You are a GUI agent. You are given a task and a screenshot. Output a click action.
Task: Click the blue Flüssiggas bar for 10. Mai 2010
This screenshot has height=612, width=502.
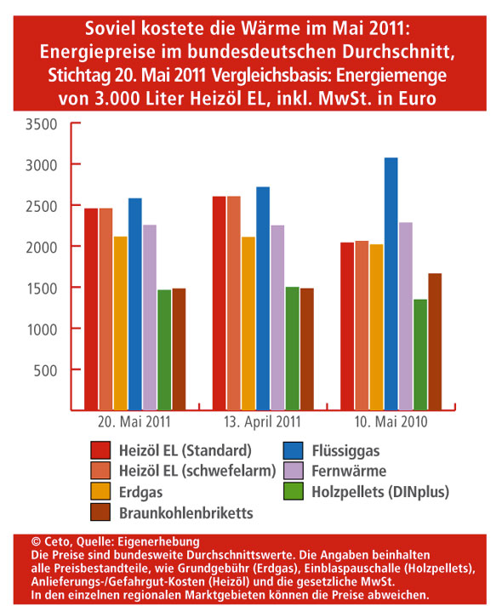[391, 283]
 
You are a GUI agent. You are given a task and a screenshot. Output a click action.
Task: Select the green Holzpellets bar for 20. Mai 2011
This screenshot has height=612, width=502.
[164, 350]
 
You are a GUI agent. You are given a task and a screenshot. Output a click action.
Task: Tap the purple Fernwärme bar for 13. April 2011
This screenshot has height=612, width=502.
[277, 317]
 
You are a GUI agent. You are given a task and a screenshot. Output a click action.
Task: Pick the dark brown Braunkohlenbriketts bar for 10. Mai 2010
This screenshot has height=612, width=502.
[435, 341]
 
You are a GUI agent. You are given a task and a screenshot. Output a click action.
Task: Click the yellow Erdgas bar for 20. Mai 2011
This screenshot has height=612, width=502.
[121, 323]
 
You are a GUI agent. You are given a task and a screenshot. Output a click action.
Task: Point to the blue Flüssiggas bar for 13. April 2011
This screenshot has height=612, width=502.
[263, 298]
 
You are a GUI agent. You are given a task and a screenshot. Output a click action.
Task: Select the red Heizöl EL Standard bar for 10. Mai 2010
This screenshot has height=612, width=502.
[347, 326]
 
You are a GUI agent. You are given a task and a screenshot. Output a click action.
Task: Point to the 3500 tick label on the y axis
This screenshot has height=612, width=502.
[42, 124]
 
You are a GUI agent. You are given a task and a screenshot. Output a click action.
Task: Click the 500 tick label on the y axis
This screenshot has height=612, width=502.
[46, 370]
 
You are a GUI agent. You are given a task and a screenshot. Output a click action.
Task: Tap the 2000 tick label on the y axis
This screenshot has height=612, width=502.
[42, 248]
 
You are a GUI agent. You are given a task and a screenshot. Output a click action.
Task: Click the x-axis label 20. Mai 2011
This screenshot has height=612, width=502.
[134, 422]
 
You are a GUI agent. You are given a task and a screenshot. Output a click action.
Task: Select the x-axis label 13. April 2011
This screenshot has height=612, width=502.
[263, 422]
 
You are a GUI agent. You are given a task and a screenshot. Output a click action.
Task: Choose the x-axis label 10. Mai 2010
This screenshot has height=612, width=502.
[391, 422]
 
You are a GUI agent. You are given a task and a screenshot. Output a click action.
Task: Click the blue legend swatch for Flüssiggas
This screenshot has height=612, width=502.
[293, 450]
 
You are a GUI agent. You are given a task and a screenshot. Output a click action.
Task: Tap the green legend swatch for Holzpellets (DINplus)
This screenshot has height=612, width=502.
[293, 491]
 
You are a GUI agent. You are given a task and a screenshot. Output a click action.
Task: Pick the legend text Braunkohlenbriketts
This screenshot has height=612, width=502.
[186, 513]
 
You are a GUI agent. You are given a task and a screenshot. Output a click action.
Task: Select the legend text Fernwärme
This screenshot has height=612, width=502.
[349, 471]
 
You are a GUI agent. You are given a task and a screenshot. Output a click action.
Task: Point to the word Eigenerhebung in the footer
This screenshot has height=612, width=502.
[158, 541]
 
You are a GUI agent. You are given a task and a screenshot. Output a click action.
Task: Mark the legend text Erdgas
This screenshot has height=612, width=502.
[140, 493]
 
